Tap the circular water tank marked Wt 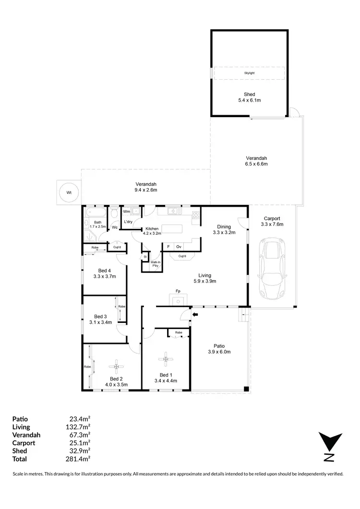click(69, 192)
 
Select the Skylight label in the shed click(249, 73)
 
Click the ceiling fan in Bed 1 click(166, 358)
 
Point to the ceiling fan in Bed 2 click(115, 367)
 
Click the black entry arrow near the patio click(195, 315)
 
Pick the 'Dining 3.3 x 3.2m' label click(224, 230)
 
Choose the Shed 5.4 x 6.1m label click(249, 97)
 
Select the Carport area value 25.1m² click(80, 443)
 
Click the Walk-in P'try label click(156, 264)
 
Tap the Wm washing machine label click(127, 211)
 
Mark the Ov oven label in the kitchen click(178, 247)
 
